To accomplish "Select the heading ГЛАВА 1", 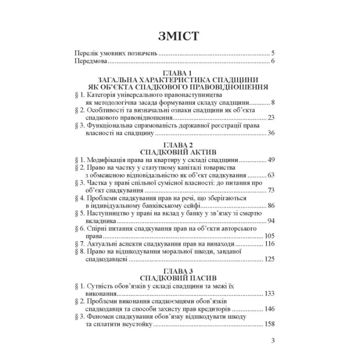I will click(179, 73).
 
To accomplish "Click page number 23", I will click(272, 118).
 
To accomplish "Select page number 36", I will click(272, 134).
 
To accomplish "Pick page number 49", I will click(272, 160).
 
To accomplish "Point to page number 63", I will click(272, 175).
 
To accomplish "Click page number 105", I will click(269, 236).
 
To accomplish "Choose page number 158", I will click(269, 324).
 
